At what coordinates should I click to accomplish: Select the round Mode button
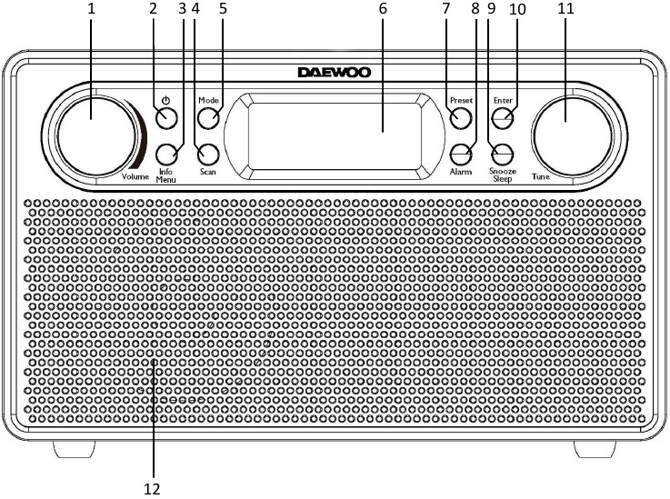[x=210, y=118]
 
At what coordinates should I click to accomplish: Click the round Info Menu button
[x=166, y=154]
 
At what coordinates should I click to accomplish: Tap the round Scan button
[x=208, y=153]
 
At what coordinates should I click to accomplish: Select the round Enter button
[x=504, y=117]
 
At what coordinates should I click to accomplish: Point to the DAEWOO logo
[x=335, y=72]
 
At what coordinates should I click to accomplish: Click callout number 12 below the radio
[x=152, y=488]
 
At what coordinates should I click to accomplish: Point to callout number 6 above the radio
[x=383, y=9]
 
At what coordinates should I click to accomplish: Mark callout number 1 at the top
[x=92, y=9]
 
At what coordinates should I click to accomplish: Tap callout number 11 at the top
[x=565, y=9]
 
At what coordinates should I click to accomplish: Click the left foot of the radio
[x=75, y=448]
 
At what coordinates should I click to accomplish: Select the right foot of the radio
[x=596, y=448]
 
